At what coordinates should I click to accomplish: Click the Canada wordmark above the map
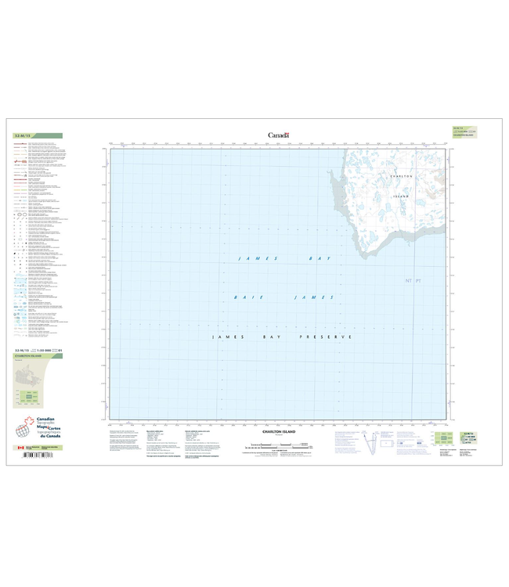click(279, 135)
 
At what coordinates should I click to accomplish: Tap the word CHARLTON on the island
click(399, 178)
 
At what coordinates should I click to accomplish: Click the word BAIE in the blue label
click(245, 297)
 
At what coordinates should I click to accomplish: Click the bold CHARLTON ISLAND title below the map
click(278, 431)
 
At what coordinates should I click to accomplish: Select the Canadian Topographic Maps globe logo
click(23, 429)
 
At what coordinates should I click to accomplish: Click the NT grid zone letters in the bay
click(408, 279)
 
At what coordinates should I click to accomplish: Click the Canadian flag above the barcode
click(19, 448)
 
